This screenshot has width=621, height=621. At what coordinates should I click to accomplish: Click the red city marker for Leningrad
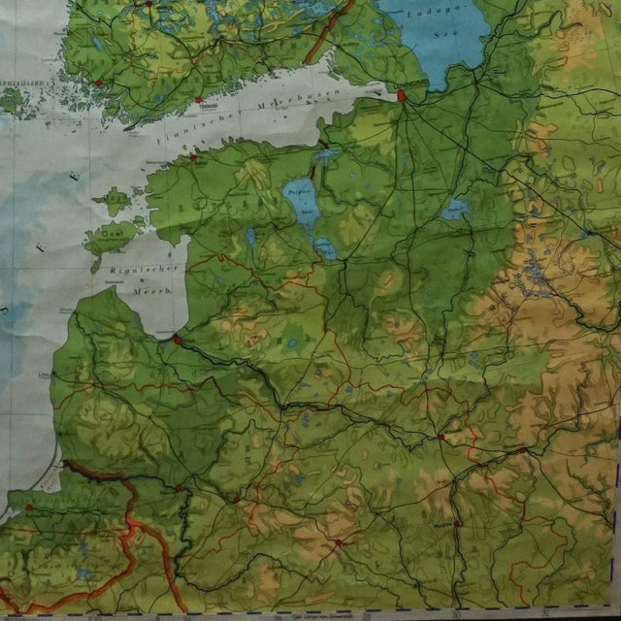click(x=401, y=95)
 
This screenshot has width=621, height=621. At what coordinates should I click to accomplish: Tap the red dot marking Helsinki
click(x=198, y=99)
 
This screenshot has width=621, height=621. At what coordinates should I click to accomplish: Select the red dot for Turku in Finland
click(x=98, y=83)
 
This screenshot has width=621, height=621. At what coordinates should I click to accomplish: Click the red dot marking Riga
click(x=177, y=340)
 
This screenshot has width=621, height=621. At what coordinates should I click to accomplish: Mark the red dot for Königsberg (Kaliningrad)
click(x=28, y=507)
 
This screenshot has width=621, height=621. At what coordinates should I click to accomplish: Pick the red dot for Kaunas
click(x=179, y=488)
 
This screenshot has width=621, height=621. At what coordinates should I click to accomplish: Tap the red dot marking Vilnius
click(x=236, y=499)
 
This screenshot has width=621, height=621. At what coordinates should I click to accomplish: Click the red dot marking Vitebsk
click(x=441, y=438)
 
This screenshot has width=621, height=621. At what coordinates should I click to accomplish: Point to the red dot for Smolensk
click(x=522, y=449)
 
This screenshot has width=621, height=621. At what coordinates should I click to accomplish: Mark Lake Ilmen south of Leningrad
click(x=455, y=209)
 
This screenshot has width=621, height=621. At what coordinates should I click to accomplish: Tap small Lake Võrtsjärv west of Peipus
click(x=250, y=236)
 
